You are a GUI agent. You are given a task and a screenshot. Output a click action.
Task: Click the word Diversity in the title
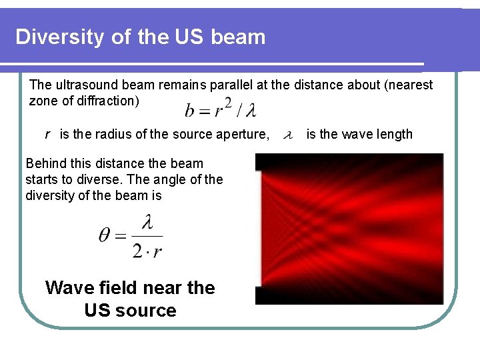click(60, 37)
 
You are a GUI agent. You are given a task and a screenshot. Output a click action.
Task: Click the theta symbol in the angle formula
click(107, 237)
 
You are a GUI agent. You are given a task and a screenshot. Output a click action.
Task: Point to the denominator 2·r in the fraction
click(147, 250)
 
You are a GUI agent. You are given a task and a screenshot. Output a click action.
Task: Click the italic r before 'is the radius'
click(47, 135)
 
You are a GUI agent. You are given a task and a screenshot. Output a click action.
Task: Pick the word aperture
click(243, 135)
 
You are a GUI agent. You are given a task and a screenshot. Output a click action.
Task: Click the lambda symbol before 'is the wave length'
click(288, 135)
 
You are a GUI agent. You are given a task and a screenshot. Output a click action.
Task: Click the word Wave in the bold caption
click(71, 288)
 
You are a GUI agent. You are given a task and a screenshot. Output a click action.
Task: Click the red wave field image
click(349, 229)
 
